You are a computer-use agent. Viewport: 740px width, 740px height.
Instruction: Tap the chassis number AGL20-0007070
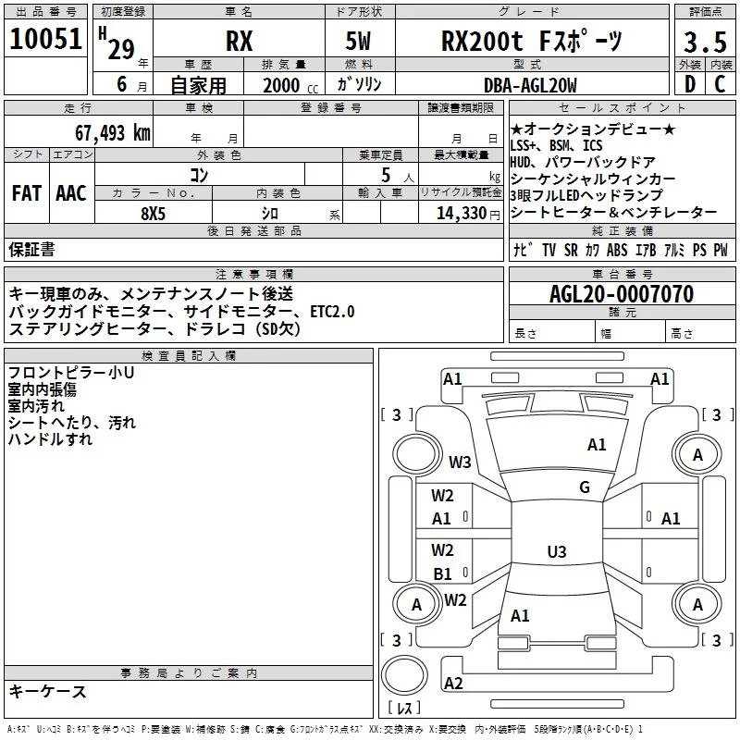622,294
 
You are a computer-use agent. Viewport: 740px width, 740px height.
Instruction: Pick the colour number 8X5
154,212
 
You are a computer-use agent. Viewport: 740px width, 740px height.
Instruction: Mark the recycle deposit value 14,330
455,212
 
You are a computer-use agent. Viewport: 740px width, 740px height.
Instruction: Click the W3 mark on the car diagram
460,462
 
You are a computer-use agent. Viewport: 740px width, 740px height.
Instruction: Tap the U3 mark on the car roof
556,552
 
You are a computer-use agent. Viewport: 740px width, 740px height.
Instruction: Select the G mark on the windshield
585,487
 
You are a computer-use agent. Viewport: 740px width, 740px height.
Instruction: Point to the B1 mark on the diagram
443,574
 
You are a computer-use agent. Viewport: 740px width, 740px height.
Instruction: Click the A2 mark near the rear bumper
453,684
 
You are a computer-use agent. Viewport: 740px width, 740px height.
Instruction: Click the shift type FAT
26,193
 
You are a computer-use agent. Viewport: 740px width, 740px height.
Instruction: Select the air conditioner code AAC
70,193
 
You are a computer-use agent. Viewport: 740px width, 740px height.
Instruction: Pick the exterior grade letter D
689,85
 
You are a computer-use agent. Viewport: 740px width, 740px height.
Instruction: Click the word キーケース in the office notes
48,692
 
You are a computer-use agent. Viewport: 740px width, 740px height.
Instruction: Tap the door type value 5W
361,42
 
